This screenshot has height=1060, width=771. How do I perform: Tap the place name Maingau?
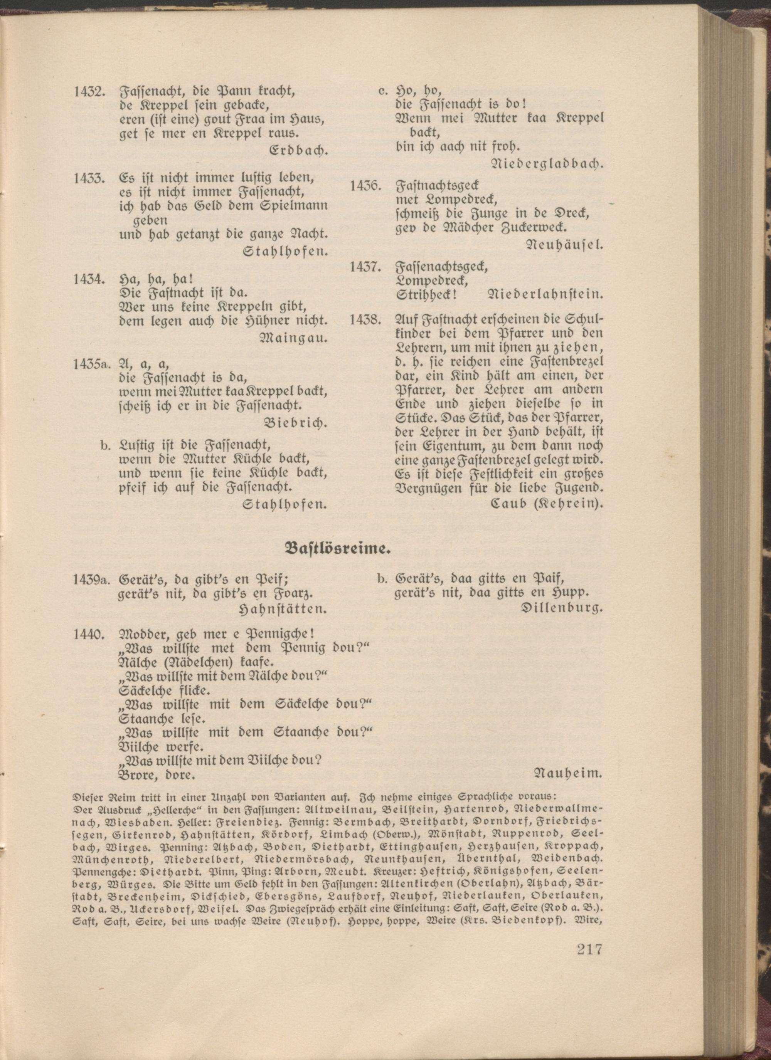293,338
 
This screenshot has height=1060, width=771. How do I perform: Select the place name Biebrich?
295,423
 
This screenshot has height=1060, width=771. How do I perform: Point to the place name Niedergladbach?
547,164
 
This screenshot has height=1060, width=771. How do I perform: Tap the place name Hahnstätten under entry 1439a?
283,609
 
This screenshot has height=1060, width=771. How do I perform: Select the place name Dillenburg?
561,608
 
